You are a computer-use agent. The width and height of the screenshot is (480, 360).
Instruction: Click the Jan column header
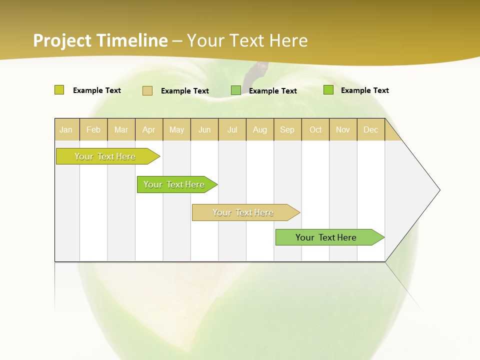point(66,129)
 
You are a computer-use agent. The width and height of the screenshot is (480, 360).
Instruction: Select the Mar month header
point(121,129)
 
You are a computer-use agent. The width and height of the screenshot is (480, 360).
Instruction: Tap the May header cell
point(176,129)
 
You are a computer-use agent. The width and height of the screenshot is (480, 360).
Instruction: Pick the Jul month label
point(232,129)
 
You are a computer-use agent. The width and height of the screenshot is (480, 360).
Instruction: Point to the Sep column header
point(287,129)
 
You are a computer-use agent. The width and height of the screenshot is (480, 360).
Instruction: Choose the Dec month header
point(370,129)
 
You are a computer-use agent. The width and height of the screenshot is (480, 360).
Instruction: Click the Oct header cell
point(315,129)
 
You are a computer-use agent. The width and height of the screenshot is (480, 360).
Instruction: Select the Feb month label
point(93,129)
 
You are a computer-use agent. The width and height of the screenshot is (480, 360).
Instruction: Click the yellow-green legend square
point(59,90)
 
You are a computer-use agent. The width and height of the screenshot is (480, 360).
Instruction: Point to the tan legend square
point(147,90)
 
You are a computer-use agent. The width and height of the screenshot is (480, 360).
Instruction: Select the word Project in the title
point(62,40)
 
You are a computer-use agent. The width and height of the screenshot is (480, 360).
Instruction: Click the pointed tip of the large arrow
point(438,190)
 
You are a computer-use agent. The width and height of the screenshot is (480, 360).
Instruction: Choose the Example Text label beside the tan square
point(185,91)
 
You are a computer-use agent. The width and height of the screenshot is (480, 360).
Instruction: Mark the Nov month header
point(343,129)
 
